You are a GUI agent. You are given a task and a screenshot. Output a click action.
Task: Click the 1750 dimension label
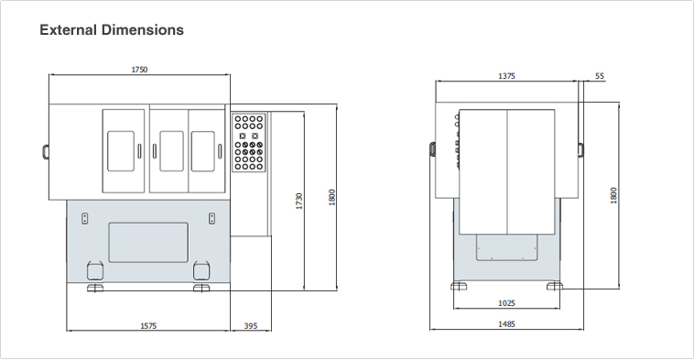[139, 70]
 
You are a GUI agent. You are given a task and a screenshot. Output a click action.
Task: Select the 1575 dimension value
[148, 326]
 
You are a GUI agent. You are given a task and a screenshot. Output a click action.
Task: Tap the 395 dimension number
[251, 326]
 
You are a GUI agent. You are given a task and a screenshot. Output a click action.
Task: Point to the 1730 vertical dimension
[299, 201]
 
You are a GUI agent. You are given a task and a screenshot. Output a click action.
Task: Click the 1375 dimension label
[507, 76]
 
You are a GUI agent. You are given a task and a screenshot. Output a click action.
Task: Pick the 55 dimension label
[600, 76]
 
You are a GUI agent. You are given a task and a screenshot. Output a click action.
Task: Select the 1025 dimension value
[507, 303]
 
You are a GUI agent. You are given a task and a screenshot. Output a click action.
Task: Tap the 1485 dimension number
[507, 324]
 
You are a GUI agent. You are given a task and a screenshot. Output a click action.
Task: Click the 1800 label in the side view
[613, 195]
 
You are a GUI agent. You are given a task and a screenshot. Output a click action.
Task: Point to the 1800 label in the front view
[332, 197]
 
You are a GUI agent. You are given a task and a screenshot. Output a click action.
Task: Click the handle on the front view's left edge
[46, 151]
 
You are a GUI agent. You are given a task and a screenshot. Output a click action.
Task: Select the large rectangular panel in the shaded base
[148, 242]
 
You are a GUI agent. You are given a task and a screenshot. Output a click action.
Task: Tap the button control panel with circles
[249, 143]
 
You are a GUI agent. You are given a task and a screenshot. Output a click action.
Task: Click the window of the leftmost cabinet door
[121, 151]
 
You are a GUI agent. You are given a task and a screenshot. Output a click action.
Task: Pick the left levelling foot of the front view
[95, 289]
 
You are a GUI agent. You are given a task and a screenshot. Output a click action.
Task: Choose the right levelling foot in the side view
[555, 286]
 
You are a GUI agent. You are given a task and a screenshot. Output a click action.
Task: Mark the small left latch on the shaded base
[85, 218]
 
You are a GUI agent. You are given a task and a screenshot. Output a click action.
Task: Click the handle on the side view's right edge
[580, 149]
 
